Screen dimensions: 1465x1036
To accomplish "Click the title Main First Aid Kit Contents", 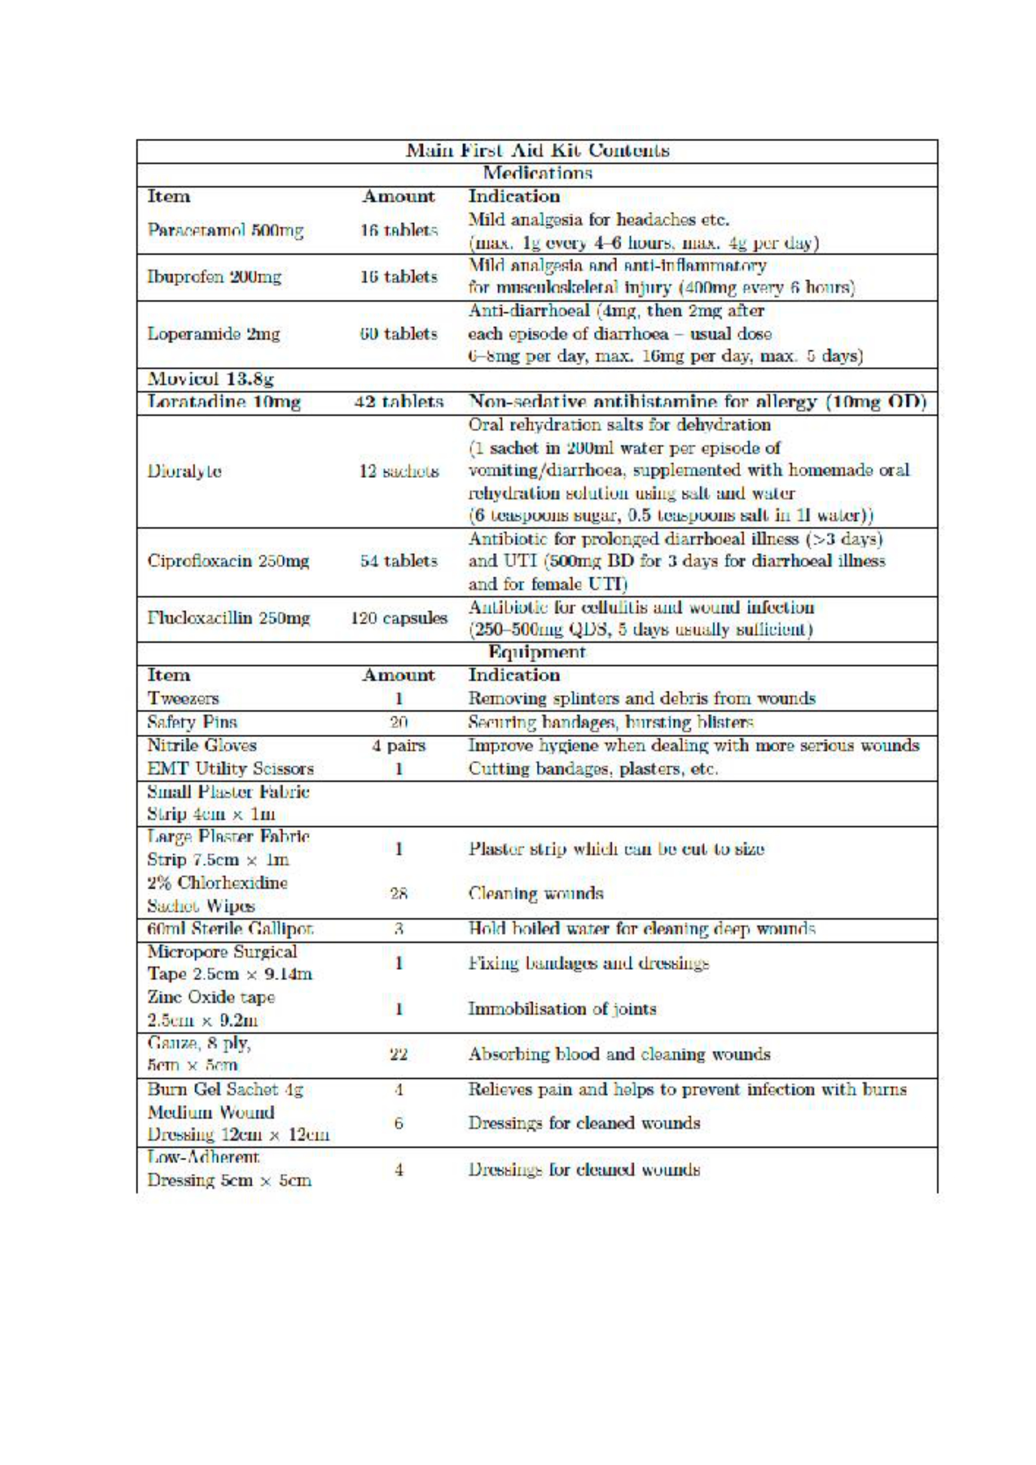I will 538,151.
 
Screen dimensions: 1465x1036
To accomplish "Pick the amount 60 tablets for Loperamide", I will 399,334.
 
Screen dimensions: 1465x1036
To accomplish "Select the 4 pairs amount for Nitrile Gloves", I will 399,746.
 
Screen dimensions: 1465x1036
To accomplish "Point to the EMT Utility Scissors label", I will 231,769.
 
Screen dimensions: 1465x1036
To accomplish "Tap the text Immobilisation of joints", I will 562,1009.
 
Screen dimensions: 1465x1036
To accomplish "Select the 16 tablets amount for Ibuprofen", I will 399,277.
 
